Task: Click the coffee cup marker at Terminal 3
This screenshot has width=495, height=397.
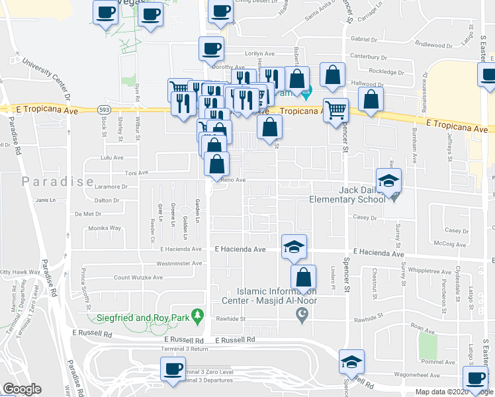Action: coord(173,369)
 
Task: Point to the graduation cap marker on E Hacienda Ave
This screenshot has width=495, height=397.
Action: coord(294,247)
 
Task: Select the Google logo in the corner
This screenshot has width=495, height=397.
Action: coord(22,389)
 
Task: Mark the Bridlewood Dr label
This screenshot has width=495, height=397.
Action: coord(433,45)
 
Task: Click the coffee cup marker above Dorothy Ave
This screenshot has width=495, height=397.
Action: coord(211,48)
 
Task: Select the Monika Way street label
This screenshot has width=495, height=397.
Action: coord(105,228)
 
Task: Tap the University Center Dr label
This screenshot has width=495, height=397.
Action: coord(46,77)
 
